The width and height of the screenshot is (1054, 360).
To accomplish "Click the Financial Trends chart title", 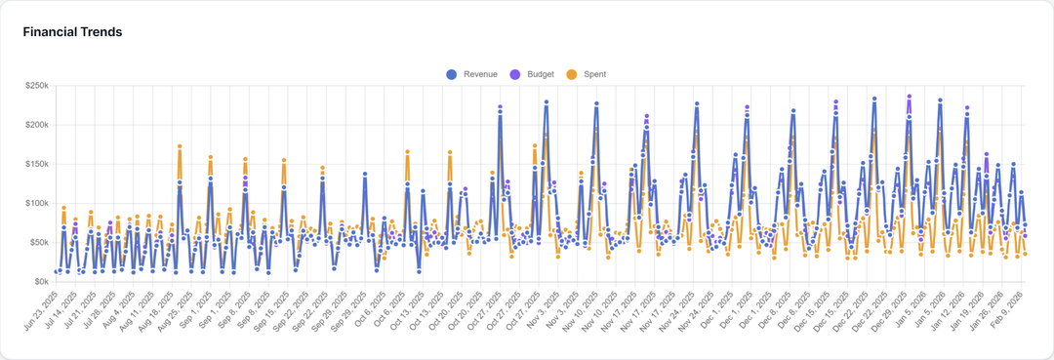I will pyautogui.click(x=72, y=32).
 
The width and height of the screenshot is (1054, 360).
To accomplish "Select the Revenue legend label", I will pyautogui.click(x=480, y=74).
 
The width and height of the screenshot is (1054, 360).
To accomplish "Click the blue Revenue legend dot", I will pyautogui.click(x=451, y=74).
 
